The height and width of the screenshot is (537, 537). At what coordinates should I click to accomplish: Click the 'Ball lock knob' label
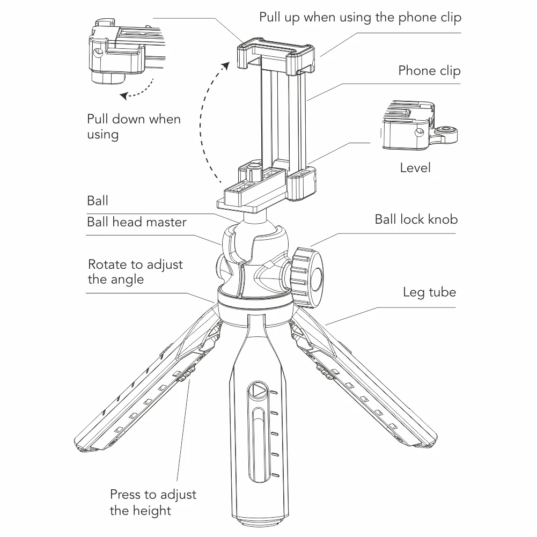(x=416, y=219)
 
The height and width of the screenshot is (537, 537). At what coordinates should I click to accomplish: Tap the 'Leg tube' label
(x=430, y=292)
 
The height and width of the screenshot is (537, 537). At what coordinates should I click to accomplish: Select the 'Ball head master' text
(x=137, y=222)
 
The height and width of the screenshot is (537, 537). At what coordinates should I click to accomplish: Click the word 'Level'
(x=415, y=168)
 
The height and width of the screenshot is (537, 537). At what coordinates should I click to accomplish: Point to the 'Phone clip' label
(x=430, y=71)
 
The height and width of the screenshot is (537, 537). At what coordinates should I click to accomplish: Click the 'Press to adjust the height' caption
(x=153, y=503)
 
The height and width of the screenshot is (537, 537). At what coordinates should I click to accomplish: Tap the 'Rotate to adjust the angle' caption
(x=135, y=272)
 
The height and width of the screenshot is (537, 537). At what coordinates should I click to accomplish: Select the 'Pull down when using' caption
(x=134, y=127)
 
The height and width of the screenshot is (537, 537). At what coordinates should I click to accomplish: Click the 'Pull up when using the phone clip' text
(x=361, y=17)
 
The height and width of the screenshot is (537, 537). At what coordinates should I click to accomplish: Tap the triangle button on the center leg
(x=258, y=391)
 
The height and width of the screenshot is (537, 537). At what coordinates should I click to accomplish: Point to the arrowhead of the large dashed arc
(x=226, y=66)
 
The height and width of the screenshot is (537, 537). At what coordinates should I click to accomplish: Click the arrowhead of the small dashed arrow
(x=124, y=96)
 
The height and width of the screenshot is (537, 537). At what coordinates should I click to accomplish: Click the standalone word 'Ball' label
(x=98, y=201)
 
